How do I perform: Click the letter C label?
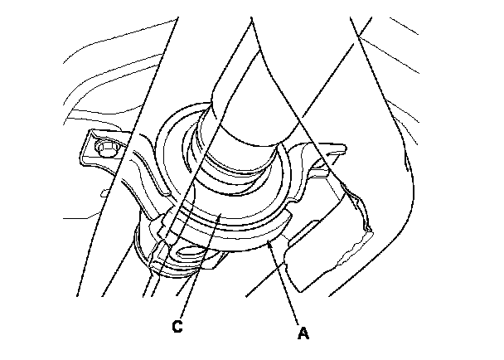click(178, 327)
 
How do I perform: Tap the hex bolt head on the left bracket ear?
click(105, 150)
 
